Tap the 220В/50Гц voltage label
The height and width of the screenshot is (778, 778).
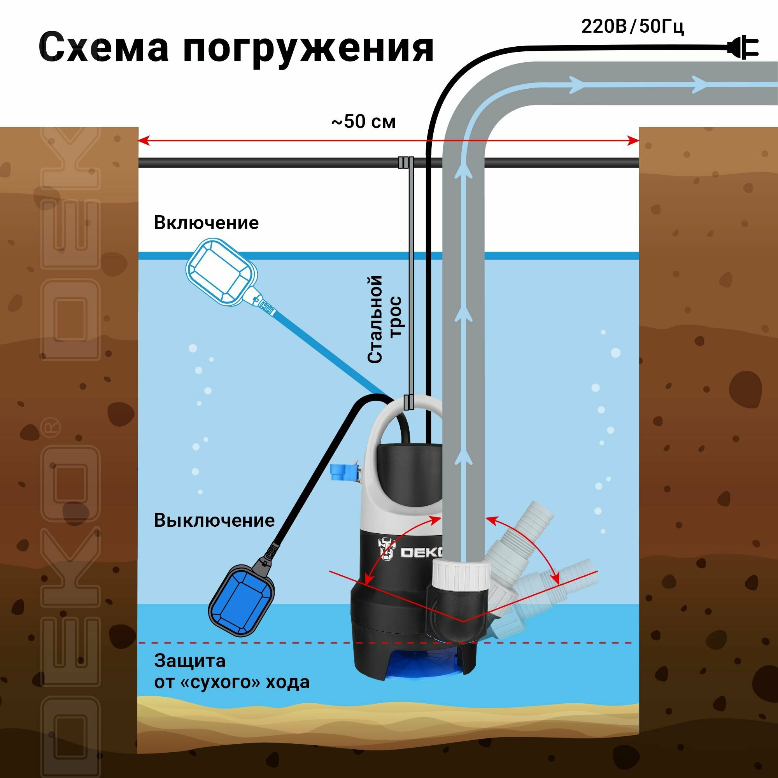[x=632, y=27]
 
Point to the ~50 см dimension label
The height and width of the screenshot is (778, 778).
[x=363, y=122]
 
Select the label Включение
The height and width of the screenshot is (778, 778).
[x=206, y=223]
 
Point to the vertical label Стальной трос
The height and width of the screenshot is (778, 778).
[x=385, y=319]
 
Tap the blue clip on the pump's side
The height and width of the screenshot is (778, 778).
[x=343, y=472]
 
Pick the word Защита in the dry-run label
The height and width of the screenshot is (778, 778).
[x=190, y=661]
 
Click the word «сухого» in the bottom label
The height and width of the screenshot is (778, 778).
[x=223, y=682]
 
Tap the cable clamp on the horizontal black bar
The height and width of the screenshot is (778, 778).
[x=406, y=162]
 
